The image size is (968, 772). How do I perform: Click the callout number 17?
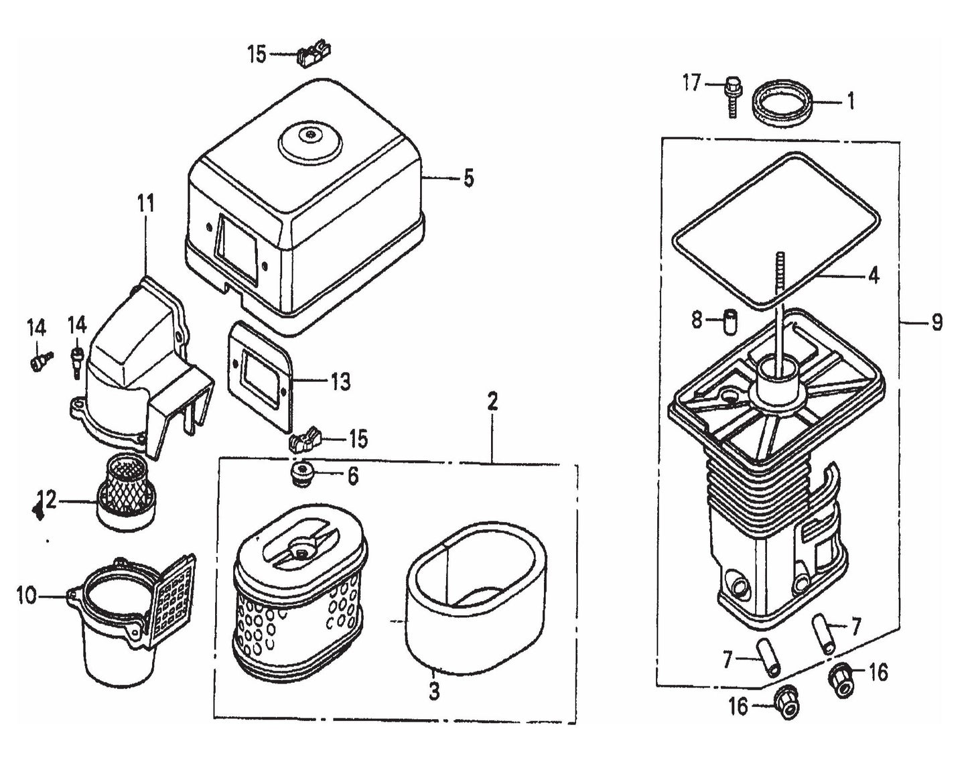tap(691, 84)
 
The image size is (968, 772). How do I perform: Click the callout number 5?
tap(468, 179)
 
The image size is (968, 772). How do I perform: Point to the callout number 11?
tap(145, 203)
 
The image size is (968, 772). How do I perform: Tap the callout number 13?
tap(340, 382)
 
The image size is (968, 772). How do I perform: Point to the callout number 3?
tap(434, 691)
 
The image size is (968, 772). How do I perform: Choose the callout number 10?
tap(27, 595)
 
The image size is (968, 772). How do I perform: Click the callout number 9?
tap(937, 323)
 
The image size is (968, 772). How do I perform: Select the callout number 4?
tap(873, 275)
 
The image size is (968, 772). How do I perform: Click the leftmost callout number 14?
tap(36, 328)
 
